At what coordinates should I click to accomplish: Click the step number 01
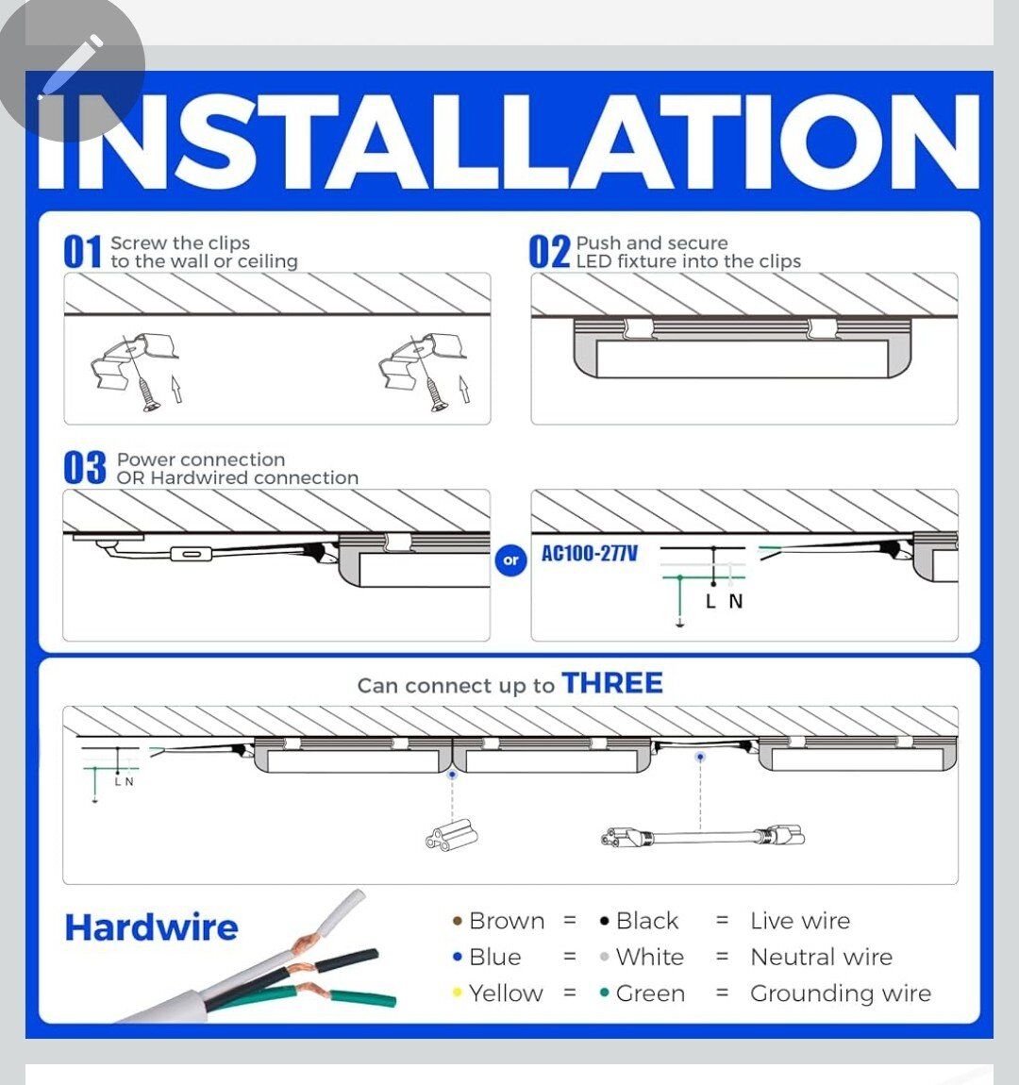[82, 251]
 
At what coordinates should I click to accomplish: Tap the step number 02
[550, 251]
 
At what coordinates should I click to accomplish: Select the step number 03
[85, 468]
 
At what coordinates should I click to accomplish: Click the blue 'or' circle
[511, 560]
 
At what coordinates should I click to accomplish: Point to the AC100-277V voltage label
[590, 554]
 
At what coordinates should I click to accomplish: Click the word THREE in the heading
[612, 683]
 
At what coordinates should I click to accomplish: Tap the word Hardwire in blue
[152, 928]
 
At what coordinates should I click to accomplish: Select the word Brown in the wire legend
[507, 921]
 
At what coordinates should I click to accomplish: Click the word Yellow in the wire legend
[506, 993]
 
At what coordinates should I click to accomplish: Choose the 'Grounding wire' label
[841, 993]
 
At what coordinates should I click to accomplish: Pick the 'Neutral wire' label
[822, 957]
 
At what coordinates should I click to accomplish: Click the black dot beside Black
[605, 921]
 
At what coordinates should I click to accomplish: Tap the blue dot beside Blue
[457, 957]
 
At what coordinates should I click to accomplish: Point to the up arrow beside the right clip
[464, 389]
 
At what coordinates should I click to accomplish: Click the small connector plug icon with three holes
[451, 834]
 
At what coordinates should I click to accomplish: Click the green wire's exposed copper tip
[311, 990]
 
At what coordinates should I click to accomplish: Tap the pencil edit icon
[71, 67]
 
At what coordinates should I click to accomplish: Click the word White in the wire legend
[649, 957]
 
